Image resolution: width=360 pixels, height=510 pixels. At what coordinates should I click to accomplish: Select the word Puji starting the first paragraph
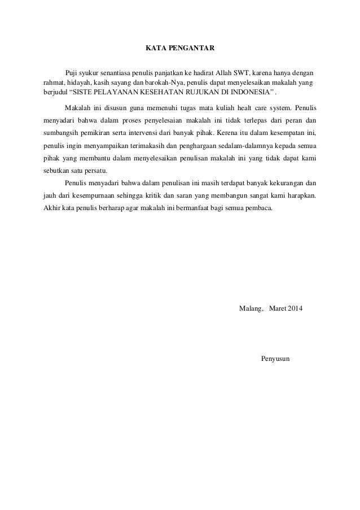[x=72, y=73]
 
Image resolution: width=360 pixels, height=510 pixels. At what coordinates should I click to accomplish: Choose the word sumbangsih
[x=60, y=133]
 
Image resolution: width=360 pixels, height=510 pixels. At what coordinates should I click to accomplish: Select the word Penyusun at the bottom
[x=275, y=360]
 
